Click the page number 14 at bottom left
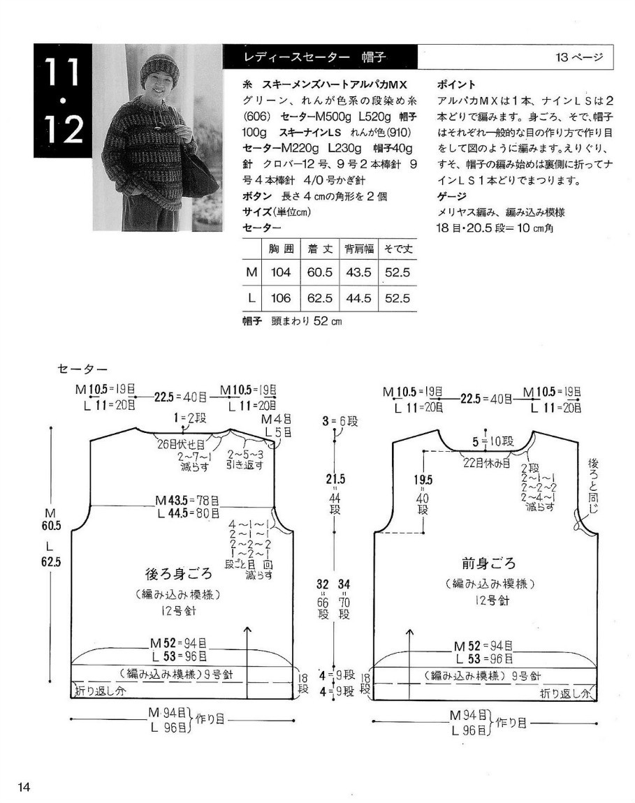click(x=24, y=788)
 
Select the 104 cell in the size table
click(x=280, y=272)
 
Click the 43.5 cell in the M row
click(x=358, y=272)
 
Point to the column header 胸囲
click(x=280, y=248)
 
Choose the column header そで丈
click(x=397, y=248)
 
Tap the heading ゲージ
click(x=451, y=196)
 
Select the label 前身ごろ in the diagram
click(x=488, y=563)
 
